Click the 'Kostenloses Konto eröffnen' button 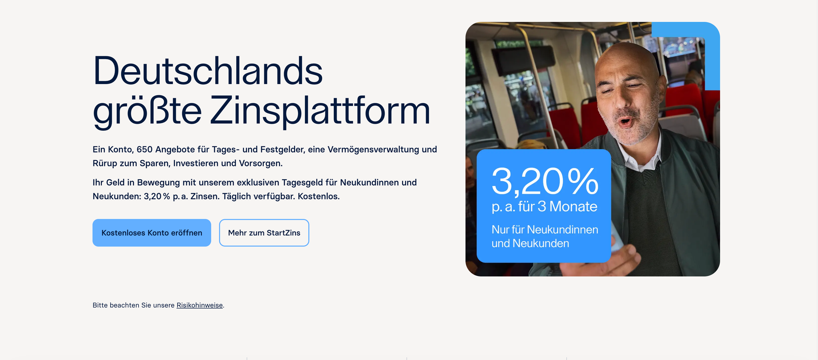tap(152, 233)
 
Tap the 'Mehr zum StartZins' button tap(264, 233)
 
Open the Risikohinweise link tap(199, 305)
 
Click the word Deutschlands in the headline tap(208, 70)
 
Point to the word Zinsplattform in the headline tap(320, 111)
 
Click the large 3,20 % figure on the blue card tap(545, 181)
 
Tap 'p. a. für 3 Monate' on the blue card tap(544, 207)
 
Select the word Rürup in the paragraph tap(105, 163)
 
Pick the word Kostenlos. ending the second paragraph tap(318, 196)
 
